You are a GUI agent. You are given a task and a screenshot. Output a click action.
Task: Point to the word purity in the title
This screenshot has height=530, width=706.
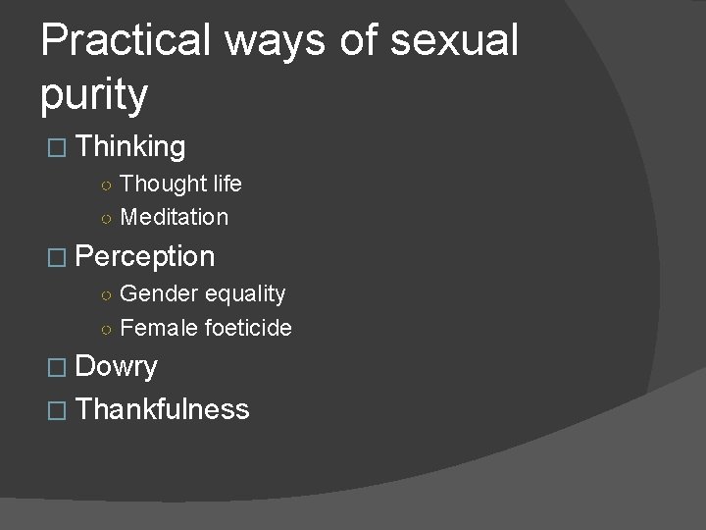(94, 96)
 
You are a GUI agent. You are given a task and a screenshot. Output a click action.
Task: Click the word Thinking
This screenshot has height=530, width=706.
(130, 147)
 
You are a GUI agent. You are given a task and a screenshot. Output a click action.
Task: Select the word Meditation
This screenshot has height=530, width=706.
(174, 217)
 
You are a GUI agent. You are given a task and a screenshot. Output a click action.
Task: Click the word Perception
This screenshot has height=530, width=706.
(144, 257)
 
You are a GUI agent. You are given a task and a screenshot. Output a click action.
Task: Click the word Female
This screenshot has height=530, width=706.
(159, 328)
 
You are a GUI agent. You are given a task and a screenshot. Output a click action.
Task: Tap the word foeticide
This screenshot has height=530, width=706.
(248, 328)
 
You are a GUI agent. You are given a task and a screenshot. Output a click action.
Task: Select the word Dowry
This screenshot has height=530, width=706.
(116, 367)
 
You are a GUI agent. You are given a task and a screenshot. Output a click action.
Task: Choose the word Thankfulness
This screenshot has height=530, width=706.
(162, 409)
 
